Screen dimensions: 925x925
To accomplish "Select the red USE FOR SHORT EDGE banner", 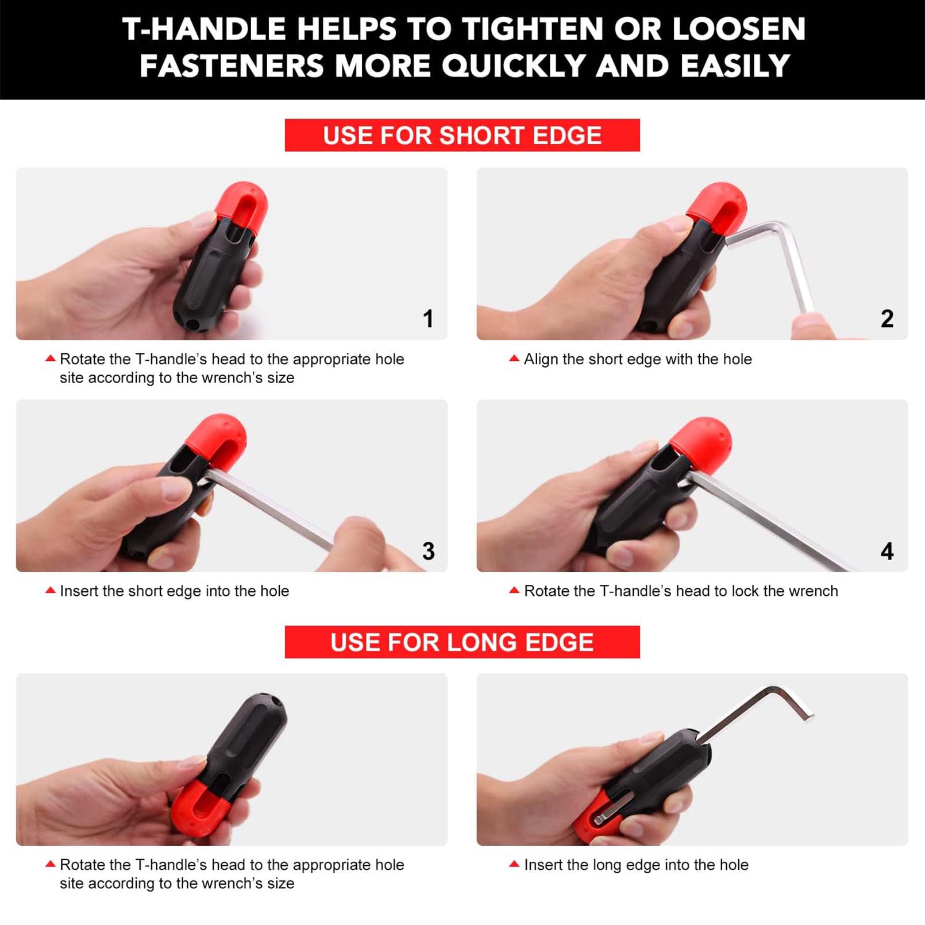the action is coord(462,135).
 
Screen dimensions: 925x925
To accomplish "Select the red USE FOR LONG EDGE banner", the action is coord(462,642).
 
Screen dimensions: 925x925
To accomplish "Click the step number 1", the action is coord(427,318).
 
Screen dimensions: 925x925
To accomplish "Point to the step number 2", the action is coord(887,318).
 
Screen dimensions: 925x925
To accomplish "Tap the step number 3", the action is coord(428,551).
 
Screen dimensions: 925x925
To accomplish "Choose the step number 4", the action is coord(887,551).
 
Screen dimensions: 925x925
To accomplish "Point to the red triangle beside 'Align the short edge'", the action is coord(514,359).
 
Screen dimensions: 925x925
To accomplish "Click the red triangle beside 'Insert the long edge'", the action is coord(514,864).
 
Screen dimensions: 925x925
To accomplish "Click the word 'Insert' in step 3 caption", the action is coord(79,591).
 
